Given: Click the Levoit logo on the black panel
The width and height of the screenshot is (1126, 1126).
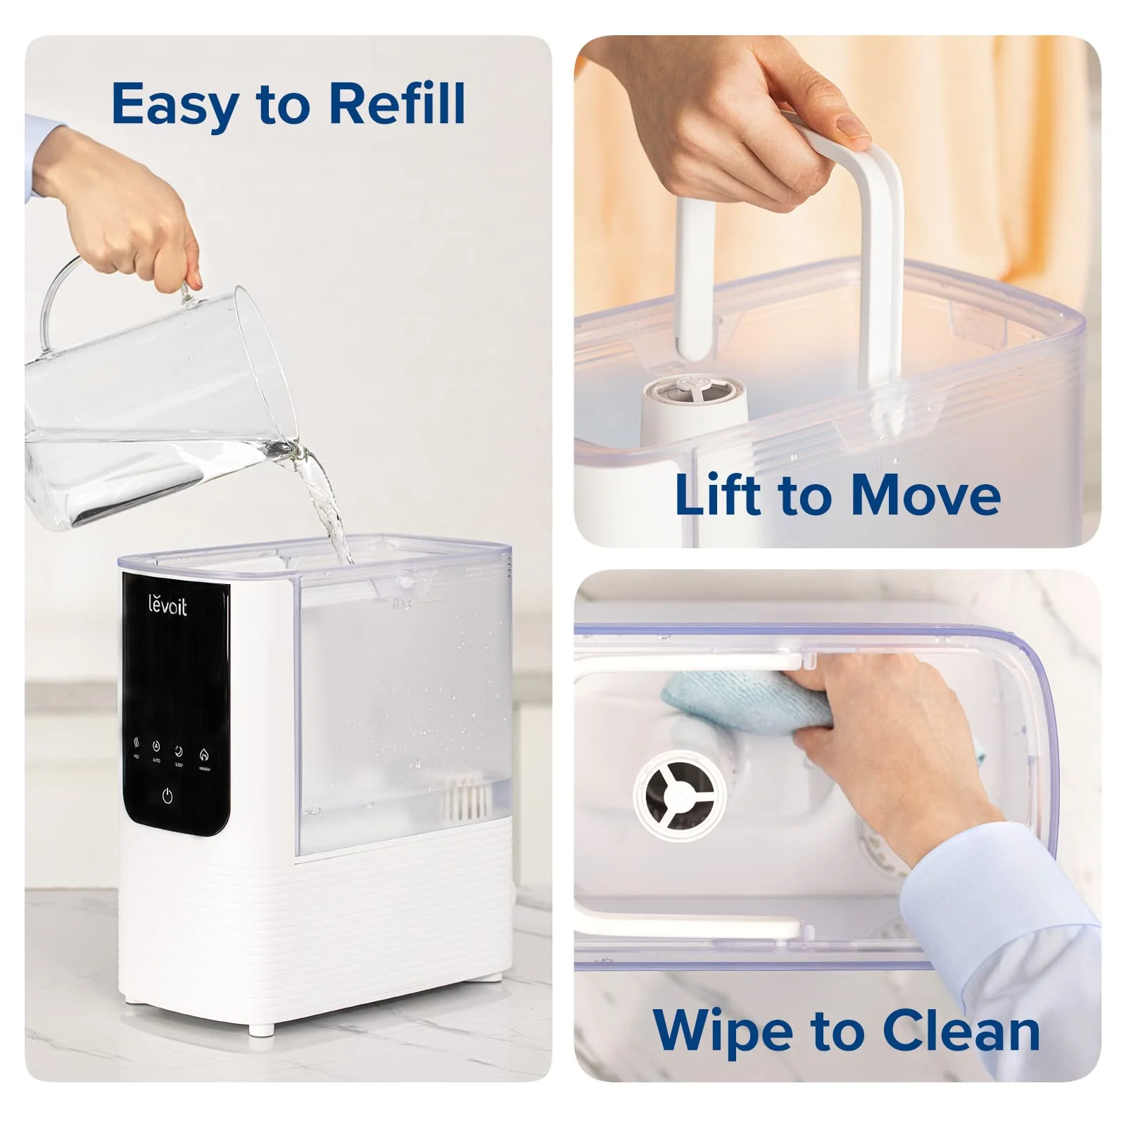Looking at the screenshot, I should tap(167, 605).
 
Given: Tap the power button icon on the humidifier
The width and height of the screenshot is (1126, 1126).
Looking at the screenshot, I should tap(167, 796).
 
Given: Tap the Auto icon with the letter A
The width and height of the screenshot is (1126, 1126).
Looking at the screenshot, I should tap(156, 747).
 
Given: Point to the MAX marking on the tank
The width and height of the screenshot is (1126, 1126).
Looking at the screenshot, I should tap(402, 605).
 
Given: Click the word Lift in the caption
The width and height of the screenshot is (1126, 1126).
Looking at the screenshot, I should tap(718, 495).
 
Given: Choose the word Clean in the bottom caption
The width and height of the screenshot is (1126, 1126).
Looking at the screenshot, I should tap(961, 1030).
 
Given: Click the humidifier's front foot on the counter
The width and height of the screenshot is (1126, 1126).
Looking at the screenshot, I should tap(261, 1030).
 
